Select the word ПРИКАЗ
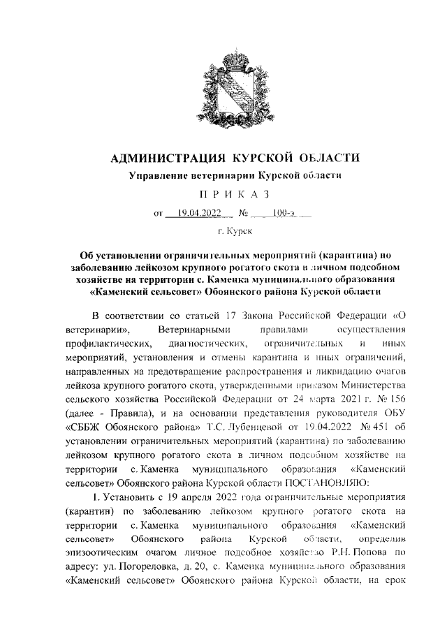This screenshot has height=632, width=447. (x=223, y=193)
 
